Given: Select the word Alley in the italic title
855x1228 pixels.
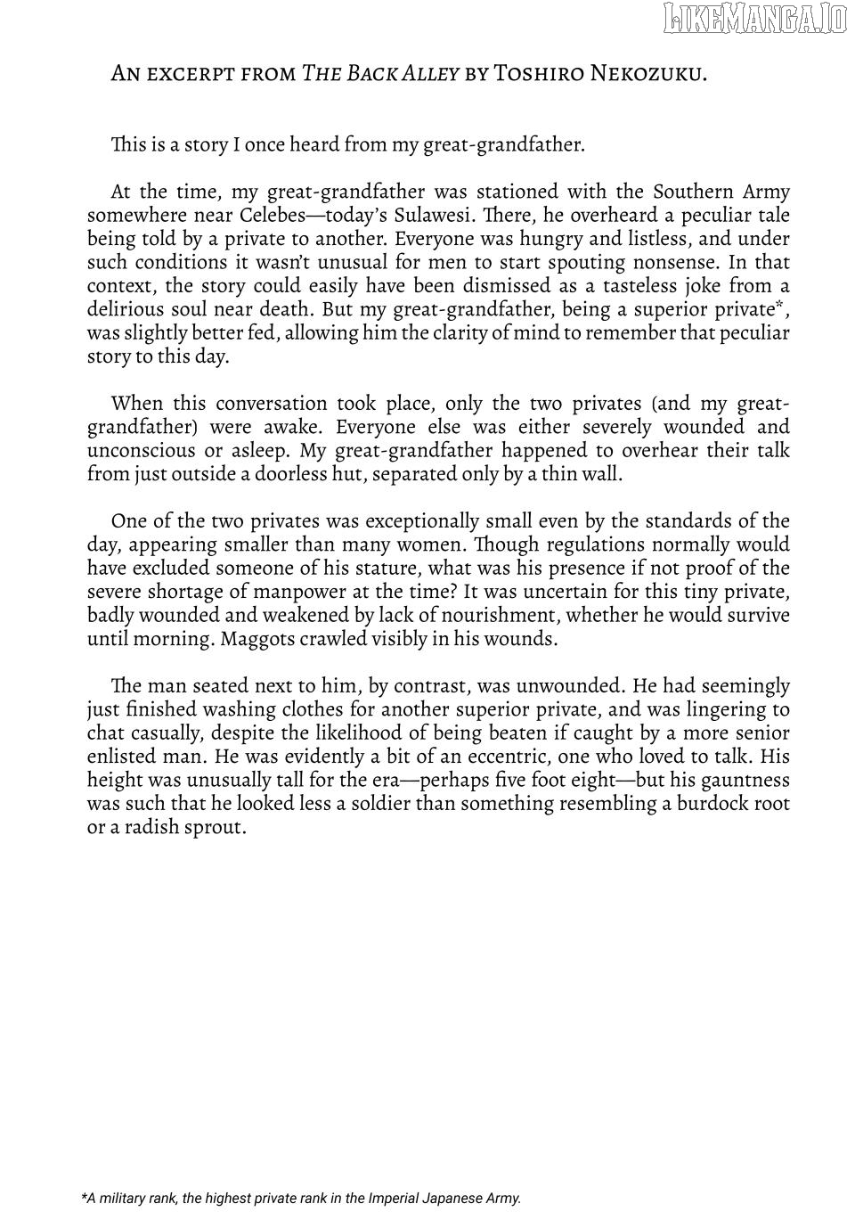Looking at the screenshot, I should click(431, 73).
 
